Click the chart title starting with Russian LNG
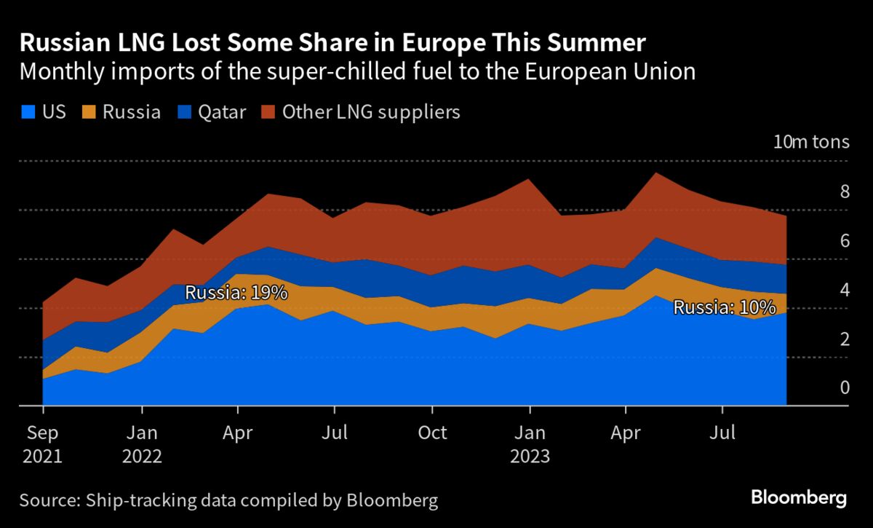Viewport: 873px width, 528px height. (x=332, y=44)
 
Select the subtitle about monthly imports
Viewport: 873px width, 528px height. (x=357, y=73)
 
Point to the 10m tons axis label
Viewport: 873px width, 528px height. (x=810, y=141)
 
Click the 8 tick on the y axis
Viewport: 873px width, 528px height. (x=845, y=192)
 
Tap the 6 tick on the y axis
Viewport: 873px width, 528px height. (x=845, y=241)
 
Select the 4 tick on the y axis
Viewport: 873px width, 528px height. (x=845, y=291)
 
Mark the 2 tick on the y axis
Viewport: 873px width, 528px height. (x=845, y=339)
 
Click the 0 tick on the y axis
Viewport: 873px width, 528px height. (x=845, y=388)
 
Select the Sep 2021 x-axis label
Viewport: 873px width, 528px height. (x=42, y=444)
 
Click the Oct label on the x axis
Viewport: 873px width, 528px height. (x=432, y=433)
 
